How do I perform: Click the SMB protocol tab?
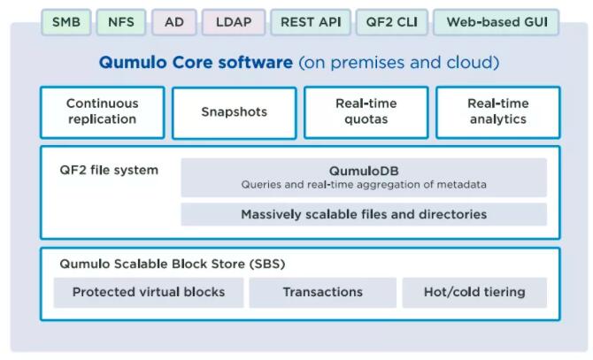65,21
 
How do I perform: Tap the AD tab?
173,21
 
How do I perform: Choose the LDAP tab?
234,21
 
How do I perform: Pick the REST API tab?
310,21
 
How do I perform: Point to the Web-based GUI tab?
496,21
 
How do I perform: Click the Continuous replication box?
102,111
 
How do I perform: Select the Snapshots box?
234,111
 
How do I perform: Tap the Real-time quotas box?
366,111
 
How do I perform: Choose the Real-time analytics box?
497,111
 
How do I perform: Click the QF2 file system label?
109,170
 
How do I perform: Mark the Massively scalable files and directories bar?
364,214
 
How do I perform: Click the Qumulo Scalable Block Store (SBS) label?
172,264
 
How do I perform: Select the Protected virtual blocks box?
148,292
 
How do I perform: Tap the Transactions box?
322,292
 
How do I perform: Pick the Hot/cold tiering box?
474,292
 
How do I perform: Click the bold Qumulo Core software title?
196,63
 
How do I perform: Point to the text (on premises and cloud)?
399,63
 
